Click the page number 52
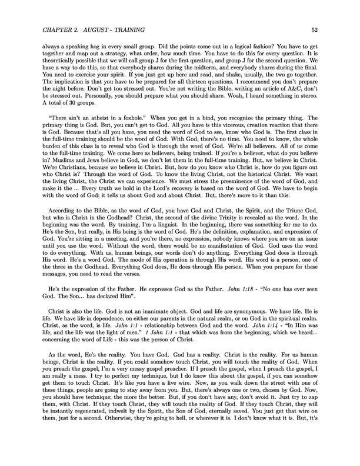pos(315,28)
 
